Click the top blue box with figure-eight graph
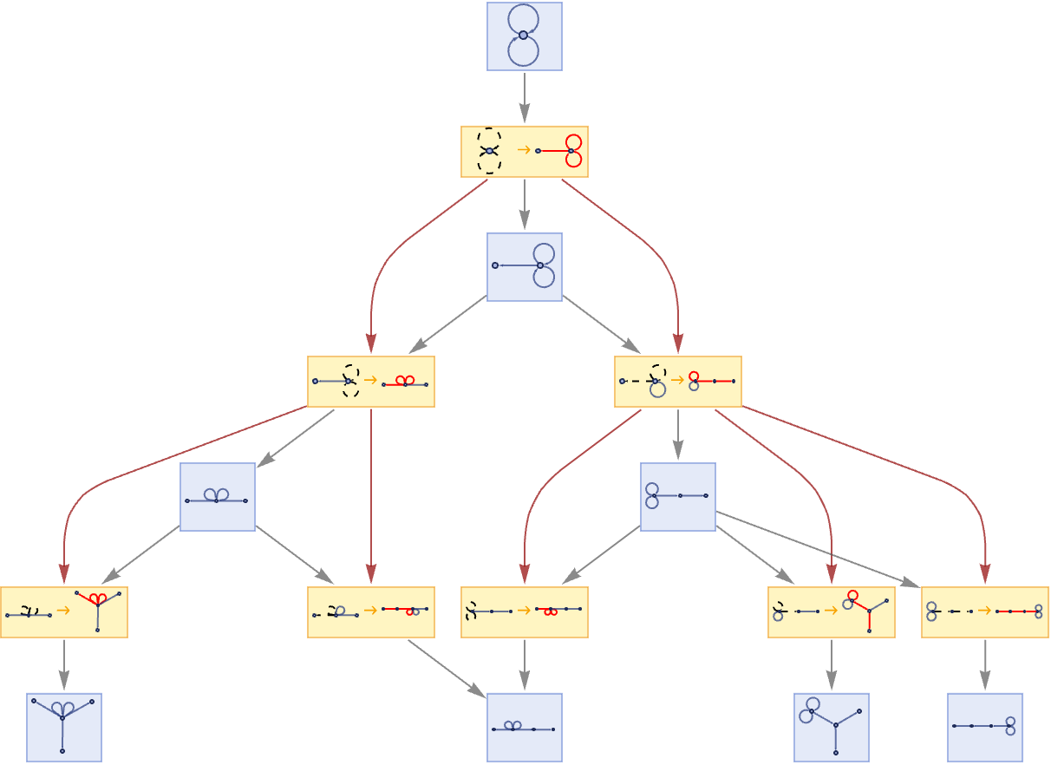click(x=524, y=36)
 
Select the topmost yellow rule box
click(x=524, y=152)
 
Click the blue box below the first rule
click(x=524, y=266)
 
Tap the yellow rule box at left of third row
click(x=370, y=382)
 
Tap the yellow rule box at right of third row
click(x=677, y=382)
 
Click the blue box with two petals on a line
click(x=217, y=496)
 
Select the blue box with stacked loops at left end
click(x=677, y=496)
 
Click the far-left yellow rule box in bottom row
click(x=63, y=612)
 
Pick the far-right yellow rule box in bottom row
click(x=984, y=612)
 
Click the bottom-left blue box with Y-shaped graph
click(x=63, y=727)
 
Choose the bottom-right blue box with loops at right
click(x=984, y=727)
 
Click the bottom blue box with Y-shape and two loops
click(x=831, y=727)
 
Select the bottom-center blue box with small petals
click(x=524, y=727)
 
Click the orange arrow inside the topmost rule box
click(x=523, y=150)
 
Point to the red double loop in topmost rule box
click(x=573, y=151)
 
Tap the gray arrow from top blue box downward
click(x=524, y=97)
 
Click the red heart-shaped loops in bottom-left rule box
click(x=97, y=598)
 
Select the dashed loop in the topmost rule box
click(x=489, y=151)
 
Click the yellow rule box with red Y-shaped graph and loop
click(x=831, y=612)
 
